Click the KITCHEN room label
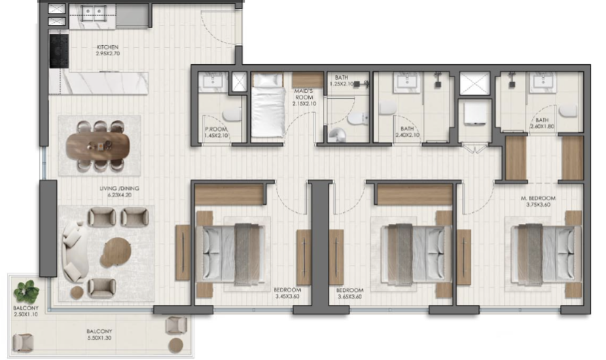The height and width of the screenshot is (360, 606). tap(107, 47)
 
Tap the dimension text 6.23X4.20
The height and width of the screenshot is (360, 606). tap(119, 195)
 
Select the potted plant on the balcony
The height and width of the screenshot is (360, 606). tap(26, 292)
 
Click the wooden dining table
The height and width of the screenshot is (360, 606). tap(98, 146)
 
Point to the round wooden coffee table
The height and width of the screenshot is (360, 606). tap(116, 252)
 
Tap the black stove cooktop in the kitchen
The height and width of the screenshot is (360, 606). tap(59, 50)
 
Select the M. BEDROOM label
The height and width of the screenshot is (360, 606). tap(538, 198)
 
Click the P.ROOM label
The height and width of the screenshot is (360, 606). tap(216, 129)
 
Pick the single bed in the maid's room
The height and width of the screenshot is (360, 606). tap(268, 105)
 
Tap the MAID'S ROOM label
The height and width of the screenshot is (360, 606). tap(304, 94)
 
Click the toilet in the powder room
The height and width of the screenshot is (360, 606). tap(232, 114)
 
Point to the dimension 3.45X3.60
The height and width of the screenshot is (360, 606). tap(287, 297)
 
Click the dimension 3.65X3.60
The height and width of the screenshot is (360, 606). tap(349, 297)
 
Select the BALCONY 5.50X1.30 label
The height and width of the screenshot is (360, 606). tap(99, 334)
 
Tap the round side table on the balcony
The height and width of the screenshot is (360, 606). tap(176, 345)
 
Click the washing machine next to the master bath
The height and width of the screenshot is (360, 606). tap(475, 115)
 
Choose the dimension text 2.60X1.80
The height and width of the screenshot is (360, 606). tap(543, 126)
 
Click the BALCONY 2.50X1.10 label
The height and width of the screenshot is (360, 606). tap(26, 312)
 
